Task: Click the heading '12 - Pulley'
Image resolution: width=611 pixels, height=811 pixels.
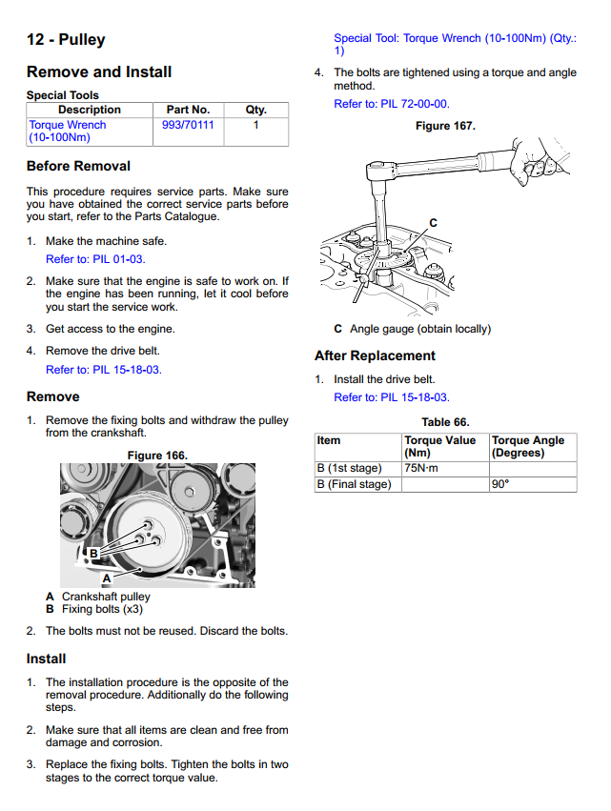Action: click(x=66, y=40)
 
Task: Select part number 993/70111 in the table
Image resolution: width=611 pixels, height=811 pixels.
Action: click(x=188, y=125)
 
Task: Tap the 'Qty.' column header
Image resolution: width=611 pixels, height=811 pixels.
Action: click(x=255, y=110)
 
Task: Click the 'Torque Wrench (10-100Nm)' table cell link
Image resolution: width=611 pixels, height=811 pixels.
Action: click(x=68, y=131)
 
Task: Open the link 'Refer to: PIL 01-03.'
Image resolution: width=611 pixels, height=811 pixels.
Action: click(x=95, y=258)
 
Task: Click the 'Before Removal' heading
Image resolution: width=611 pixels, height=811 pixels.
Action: click(x=78, y=166)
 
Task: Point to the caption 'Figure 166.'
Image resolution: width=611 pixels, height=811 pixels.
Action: click(x=157, y=456)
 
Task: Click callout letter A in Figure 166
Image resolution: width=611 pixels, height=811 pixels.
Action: click(x=107, y=578)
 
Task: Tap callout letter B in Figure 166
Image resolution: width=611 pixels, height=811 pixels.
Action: click(x=93, y=553)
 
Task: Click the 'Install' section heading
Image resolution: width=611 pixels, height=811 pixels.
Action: click(x=47, y=659)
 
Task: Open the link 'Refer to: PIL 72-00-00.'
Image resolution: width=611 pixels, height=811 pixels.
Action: click(x=392, y=104)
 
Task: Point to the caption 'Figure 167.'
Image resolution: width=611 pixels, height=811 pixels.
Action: click(x=445, y=126)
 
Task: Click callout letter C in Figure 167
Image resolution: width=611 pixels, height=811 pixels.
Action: click(x=433, y=223)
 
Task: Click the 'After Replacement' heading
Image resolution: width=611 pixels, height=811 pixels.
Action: click(x=375, y=355)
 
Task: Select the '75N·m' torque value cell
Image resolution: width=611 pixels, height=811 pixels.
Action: click(x=419, y=468)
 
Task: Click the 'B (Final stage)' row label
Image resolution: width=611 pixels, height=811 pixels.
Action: click(x=354, y=484)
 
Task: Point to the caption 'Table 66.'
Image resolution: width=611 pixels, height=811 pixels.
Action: click(x=445, y=422)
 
